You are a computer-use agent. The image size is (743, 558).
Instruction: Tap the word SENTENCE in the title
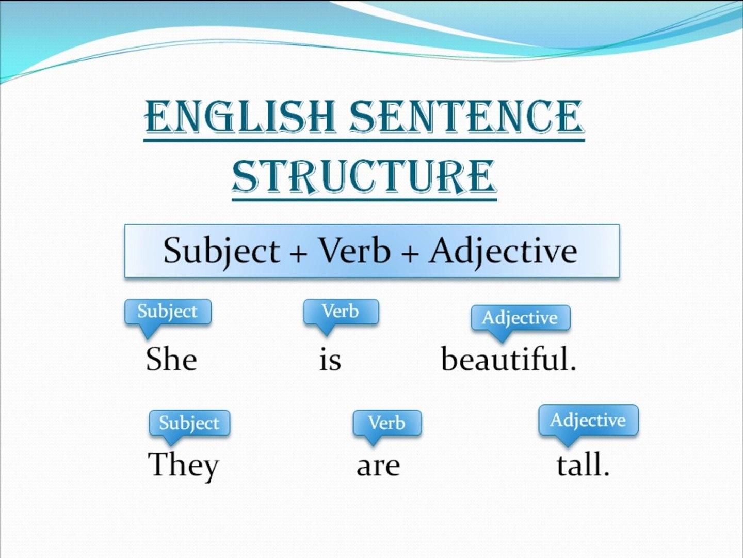(x=466, y=116)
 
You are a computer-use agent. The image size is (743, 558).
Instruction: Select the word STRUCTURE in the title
(x=364, y=177)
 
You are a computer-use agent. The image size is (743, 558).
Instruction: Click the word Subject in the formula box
(x=221, y=251)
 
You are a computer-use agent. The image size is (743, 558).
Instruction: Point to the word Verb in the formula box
(x=354, y=251)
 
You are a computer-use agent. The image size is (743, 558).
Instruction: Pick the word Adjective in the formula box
(x=503, y=251)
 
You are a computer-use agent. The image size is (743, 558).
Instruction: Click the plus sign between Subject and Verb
(x=298, y=253)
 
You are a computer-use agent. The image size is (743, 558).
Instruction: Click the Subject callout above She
(x=168, y=312)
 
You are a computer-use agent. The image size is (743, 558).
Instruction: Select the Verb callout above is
(x=341, y=312)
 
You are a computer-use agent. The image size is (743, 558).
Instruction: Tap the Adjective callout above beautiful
(x=520, y=317)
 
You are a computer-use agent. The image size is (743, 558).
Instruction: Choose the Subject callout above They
(x=189, y=423)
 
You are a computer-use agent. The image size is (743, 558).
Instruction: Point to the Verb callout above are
(x=387, y=423)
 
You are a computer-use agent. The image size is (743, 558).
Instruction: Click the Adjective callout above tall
(x=588, y=420)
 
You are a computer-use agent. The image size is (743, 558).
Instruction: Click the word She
(x=171, y=359)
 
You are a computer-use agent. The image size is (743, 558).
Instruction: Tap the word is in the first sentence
(x=330, y=360)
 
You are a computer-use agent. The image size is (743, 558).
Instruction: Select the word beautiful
(x=508, y=359)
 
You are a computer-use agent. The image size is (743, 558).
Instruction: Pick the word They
(x=184, y=465)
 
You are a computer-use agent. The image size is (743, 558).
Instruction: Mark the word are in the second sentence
(x=378, y=467)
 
